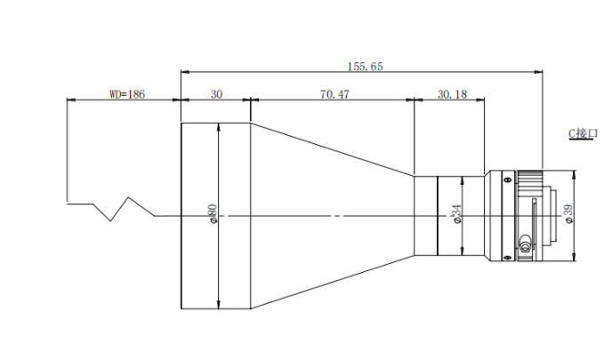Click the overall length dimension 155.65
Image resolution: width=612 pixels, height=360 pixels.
point(366,67)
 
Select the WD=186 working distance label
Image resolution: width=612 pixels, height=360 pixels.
point(127,94)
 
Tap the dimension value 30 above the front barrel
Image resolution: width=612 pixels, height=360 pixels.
point(217,94)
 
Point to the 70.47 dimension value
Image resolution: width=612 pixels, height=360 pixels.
point(334,94)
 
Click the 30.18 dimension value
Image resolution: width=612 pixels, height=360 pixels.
point(452,94)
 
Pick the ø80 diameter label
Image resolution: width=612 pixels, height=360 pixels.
point(213,213)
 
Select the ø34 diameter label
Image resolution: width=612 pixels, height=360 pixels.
point(456,214)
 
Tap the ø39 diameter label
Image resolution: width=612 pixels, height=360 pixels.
point(569,214)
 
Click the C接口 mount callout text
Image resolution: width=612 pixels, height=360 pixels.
point(583,133)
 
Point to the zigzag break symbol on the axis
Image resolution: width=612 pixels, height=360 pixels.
point(111,209)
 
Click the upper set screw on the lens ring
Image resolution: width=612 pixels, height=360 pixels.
point(507,180)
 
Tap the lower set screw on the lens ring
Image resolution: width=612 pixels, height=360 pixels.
point(507,257)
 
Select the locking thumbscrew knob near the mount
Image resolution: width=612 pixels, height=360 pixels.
point(525,244)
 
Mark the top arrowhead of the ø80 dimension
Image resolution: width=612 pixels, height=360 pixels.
point(218,127)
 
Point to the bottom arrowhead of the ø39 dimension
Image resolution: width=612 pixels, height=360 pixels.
point(574,258)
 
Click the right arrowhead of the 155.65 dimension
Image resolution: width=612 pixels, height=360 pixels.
point(539,72)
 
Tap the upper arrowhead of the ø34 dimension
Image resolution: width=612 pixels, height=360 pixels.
point(463,180)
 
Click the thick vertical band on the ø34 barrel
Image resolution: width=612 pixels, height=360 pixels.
point(438,216)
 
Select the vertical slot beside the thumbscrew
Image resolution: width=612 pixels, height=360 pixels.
point(534,223)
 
